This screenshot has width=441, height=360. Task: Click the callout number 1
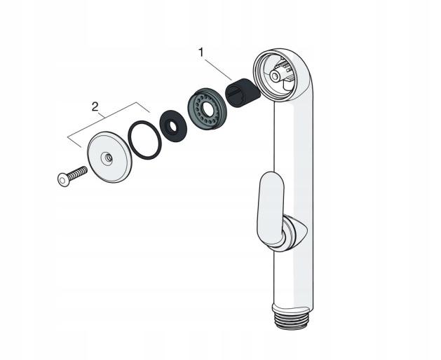click(201, 53)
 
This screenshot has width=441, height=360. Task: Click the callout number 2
click(95, 106)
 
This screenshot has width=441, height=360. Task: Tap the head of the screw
click(63, 180)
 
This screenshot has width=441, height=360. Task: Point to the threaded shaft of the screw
click(78, 173)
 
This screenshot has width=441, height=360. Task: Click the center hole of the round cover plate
click(107, 158)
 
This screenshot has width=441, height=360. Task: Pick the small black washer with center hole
click(173, 126)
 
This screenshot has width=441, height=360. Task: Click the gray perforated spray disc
click(207, 109)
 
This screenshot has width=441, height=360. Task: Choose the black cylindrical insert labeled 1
click(243, 92)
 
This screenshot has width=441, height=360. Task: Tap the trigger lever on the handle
click(271, 208)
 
